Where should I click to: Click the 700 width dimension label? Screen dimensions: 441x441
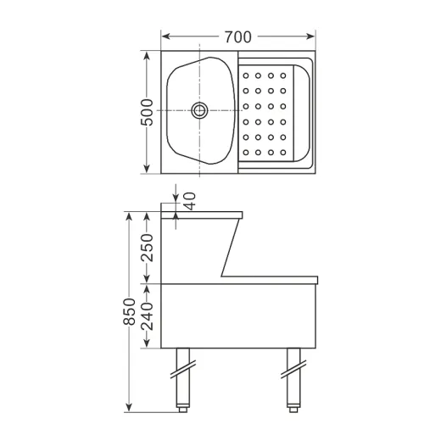tap(238, 36)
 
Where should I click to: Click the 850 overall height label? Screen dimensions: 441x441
tap(129, 314)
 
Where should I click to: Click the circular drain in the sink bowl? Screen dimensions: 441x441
tap(200, 109)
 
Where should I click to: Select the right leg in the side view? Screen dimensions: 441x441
tap(293, 377)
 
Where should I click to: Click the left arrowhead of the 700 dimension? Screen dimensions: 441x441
tap(165, 36)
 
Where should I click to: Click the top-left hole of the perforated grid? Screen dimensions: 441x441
tap(246, 75)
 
